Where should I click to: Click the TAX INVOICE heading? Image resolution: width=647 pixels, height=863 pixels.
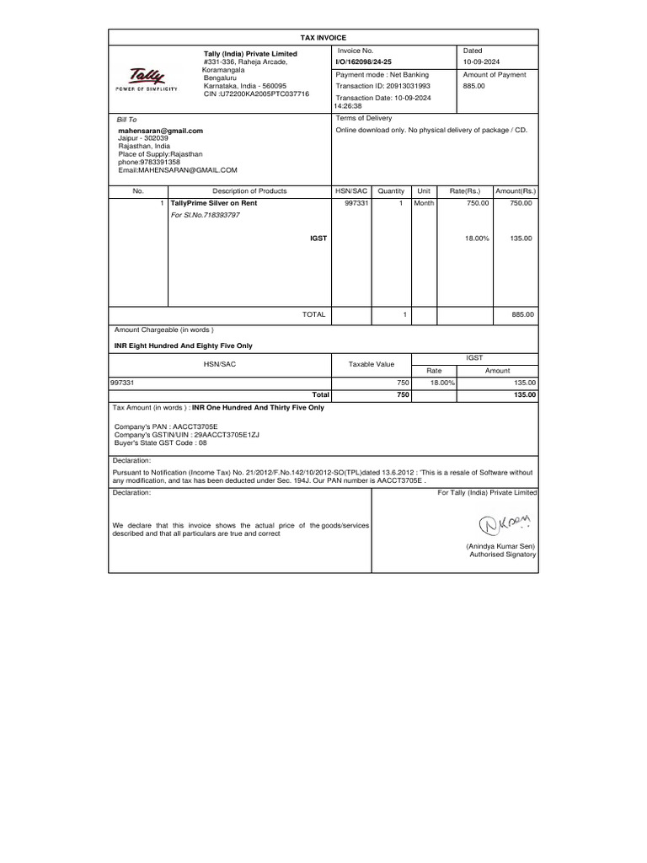coord(323,38)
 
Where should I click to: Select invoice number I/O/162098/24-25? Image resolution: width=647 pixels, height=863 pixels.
coord(363,62)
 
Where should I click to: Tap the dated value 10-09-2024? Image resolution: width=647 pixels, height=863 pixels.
coord(481,62)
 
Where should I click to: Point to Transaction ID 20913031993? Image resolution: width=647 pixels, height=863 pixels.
coord(382,86)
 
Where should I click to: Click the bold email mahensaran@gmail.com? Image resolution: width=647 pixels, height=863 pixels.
coord(160,131)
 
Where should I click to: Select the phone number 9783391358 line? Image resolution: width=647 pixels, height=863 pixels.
coord(149,162)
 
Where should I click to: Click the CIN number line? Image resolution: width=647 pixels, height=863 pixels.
coord(257,94)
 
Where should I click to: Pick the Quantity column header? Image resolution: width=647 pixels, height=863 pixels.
coord(391,192)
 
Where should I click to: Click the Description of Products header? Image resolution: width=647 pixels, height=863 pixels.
coord(249,192)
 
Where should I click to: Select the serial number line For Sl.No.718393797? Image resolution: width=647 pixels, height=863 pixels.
coord(206,216)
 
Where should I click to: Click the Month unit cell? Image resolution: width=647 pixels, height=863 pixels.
coord(424,204)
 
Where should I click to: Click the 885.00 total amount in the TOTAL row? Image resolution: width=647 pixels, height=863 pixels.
coord(522,314)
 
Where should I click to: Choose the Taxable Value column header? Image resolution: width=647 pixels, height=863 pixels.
coord(372,364)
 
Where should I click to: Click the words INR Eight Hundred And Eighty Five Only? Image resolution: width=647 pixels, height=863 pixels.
coord(183,346)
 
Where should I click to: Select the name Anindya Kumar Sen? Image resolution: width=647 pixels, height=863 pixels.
coord(501,546)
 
